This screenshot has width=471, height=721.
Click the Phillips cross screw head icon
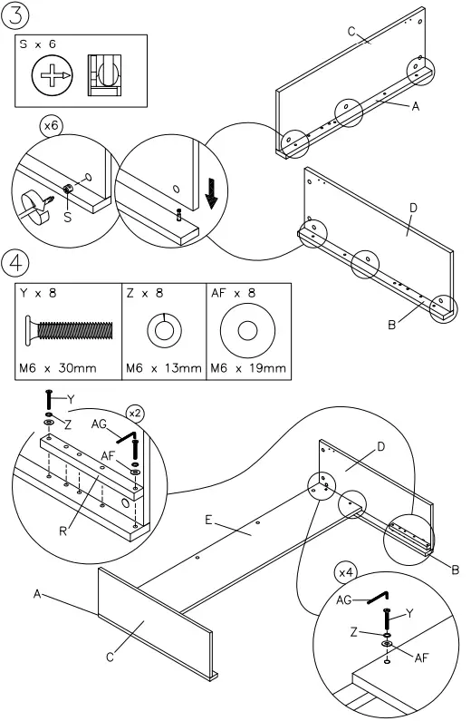point(52,74)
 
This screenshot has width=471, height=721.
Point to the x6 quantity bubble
point(52,128)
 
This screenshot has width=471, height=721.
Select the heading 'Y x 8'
point(38,295)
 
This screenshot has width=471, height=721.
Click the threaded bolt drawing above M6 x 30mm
point(67,329)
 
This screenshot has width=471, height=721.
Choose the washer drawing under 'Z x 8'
point(163,328)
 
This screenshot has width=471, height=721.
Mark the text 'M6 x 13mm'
point(163,368)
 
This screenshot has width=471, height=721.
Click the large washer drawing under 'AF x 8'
point(246,329)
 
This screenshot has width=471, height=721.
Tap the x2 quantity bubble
point(135,411)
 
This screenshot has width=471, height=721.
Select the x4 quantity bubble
point(345,573)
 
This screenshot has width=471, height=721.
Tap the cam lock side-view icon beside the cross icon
point(103,74)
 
